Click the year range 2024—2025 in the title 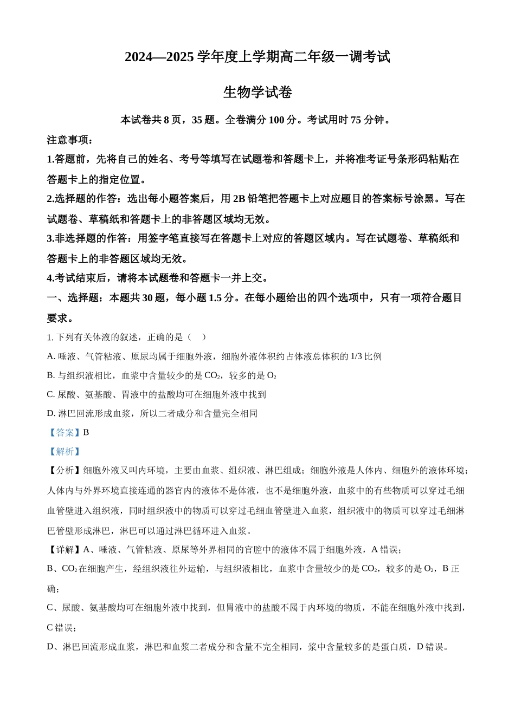tap(159, 57)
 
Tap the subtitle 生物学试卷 tap(257, 93)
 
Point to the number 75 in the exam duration tap(356, 120)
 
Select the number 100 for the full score tap(276, 120)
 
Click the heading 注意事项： tap(70, 140)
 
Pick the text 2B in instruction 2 tap(239, 199)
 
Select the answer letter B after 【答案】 tap(86, 432)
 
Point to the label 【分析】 tap(65, 471)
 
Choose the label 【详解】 tap(65, 550)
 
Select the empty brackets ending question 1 tap(197, 337)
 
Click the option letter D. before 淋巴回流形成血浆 tap(51, 413)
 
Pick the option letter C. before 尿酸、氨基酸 tap(51, 394)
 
